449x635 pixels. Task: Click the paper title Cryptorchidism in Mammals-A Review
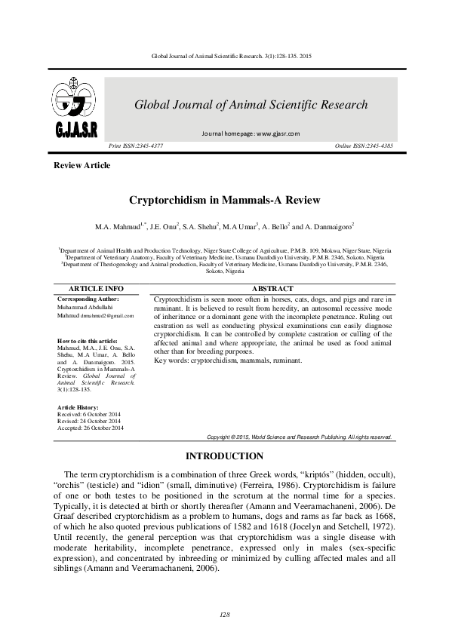[x=224, y=201]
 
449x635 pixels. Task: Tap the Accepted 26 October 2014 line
[x=91, y=428]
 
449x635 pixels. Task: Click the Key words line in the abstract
[x=227, y=360]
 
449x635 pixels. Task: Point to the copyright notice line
[x=299, y=437]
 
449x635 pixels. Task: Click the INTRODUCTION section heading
[x=224, y=456]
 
